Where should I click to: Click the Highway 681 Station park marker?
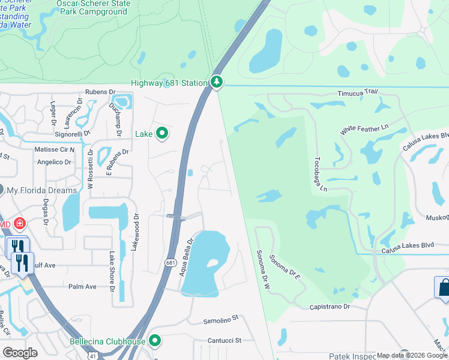click(x=217, y=82)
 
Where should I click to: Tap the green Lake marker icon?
click(x=161, y=133)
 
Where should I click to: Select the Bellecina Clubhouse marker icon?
click(x=155, y=341)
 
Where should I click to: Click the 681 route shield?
click(x=170, y=262)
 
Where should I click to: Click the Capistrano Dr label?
click(x=330, y=307)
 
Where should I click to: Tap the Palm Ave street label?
click(x=82, y=287)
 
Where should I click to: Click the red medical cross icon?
click(x=19, y=224)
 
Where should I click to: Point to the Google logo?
click(x=20, y=352)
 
